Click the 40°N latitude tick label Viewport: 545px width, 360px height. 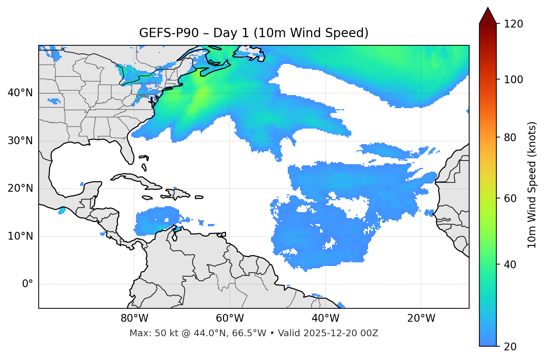(x=20, y=93)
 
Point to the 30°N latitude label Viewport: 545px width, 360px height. (x=20, y=141)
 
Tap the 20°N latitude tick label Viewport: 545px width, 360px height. (x=20, y=188)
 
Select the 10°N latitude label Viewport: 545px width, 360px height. (x=20, y=236)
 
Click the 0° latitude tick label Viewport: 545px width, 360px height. (x=28, y=284)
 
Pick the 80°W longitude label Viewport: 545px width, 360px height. (x=134, y=318)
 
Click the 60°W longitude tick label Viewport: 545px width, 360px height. (x=230, y=318)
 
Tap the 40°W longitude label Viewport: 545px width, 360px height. (x=325, y=318)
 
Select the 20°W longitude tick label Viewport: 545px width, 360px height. (x=421, y=318)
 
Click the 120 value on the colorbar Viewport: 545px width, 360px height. (x=513, y=24)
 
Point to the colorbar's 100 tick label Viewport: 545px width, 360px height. (x=513, y=80)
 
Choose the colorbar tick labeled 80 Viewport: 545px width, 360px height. (x=510, y=137)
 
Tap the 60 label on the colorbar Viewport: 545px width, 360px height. (x=510, y=198)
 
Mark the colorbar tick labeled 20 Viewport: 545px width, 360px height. (x=510, y=347)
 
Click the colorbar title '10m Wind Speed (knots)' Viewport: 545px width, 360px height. (x=532, y=185)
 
